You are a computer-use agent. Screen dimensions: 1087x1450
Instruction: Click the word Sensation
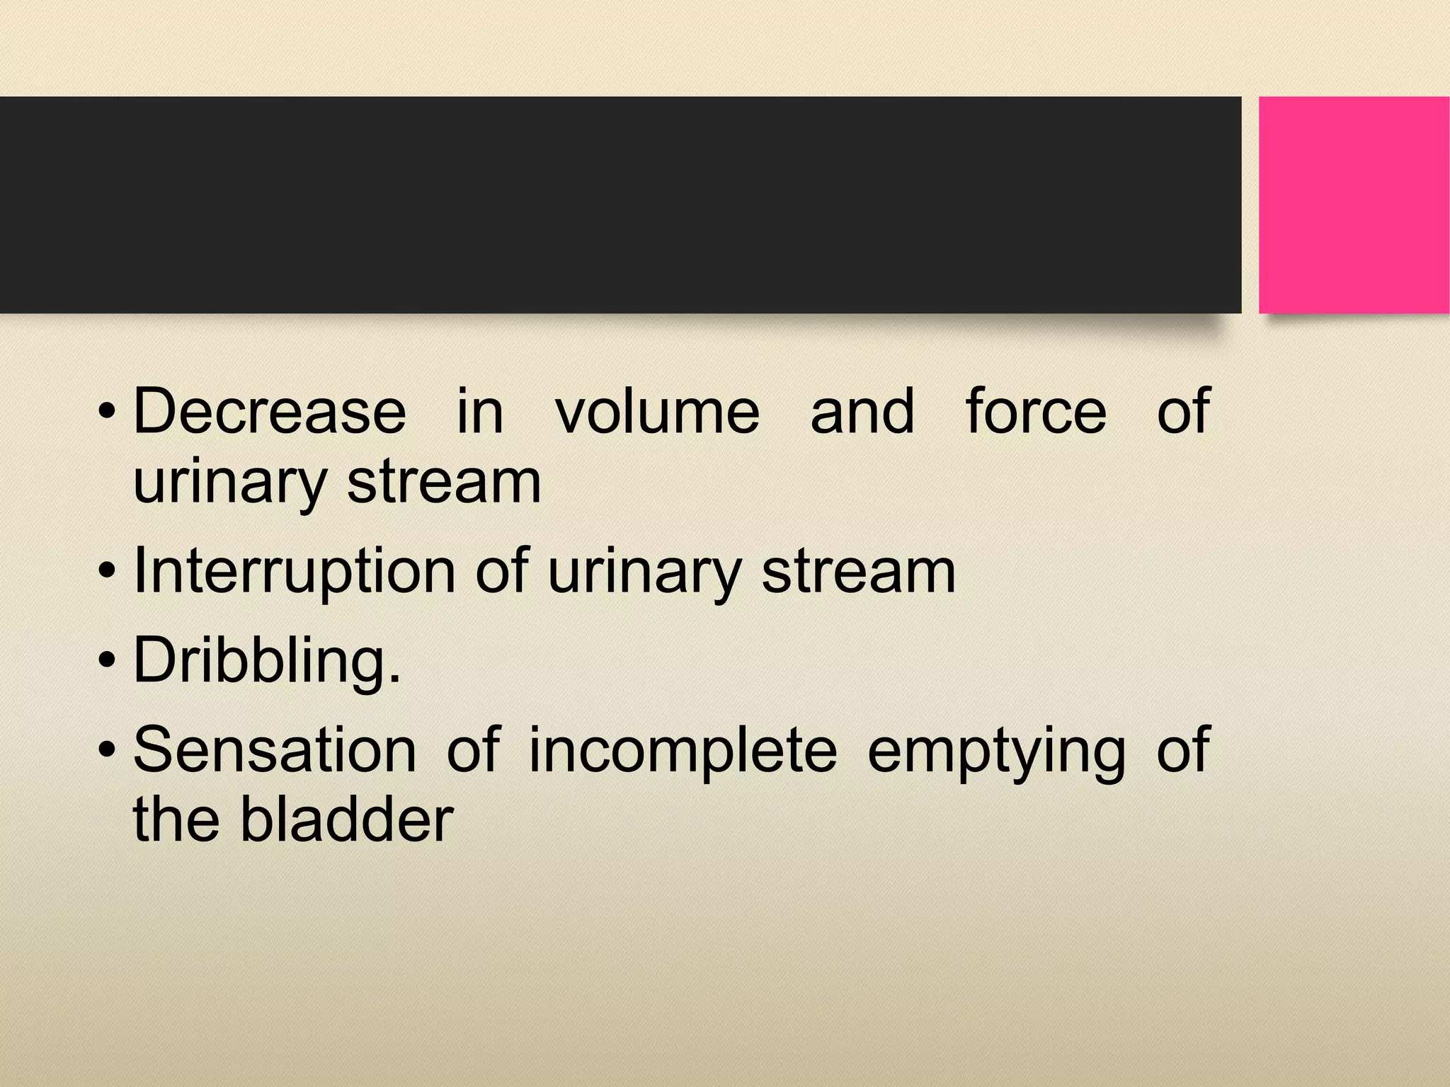tap(275, 750)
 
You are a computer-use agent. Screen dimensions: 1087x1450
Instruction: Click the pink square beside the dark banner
tap(1354, 205)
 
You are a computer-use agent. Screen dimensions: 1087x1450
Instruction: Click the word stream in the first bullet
tap(444, 483)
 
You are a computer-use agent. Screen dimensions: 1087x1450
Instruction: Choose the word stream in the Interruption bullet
tap(859, 572)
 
